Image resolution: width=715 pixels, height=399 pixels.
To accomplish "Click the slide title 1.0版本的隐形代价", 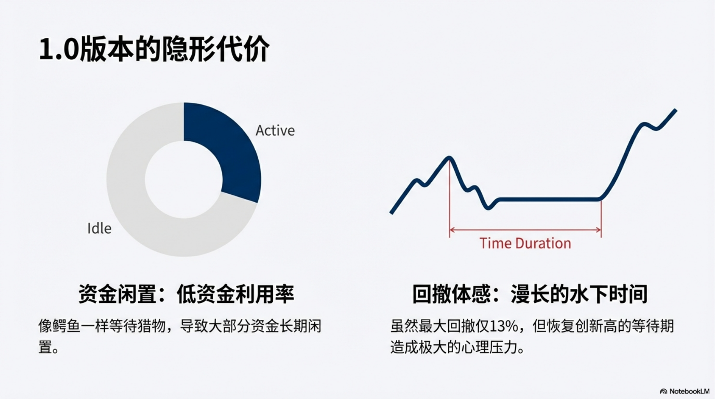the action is point(154,49).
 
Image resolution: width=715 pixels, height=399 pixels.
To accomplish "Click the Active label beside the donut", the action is point(275,131).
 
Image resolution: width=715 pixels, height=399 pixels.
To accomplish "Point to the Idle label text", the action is point(99,228).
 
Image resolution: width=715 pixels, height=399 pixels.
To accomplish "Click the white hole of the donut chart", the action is point(184,180).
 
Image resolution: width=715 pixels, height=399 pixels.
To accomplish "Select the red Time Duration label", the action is point(525,244).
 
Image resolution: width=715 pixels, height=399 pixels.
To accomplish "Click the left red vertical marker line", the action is point(450,198).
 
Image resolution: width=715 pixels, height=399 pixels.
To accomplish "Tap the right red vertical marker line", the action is point(601,218).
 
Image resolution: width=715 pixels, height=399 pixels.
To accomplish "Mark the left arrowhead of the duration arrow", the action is point(452,230).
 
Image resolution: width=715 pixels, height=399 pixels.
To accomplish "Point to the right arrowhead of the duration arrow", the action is point(599,230).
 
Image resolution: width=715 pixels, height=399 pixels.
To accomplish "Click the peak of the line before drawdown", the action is point(450,158).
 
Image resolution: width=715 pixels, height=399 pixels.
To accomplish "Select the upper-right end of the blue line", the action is point(676,111).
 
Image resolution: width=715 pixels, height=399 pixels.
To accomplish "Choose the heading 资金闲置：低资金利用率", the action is point(186,294).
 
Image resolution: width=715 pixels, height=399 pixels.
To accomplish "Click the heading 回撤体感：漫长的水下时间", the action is point(530,294).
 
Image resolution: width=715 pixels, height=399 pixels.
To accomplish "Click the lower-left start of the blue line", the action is point(392,212).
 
